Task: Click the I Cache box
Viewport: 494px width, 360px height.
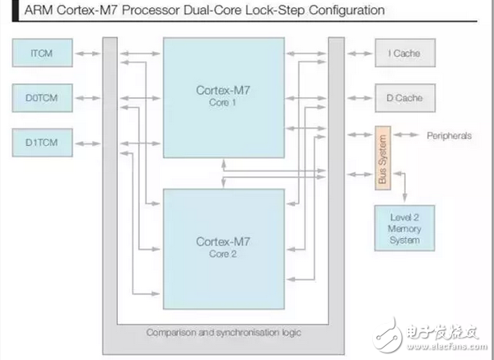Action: [x=405, y=54]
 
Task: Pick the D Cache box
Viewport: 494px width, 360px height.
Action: [x=405, y=97]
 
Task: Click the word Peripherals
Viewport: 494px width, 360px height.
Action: [x=449, y=135]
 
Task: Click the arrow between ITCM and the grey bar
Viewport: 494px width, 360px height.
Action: [x=86, y=55]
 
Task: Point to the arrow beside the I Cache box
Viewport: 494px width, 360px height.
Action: [x=359, y=54]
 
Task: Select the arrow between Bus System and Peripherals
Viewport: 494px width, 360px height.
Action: [x=405, y=135]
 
